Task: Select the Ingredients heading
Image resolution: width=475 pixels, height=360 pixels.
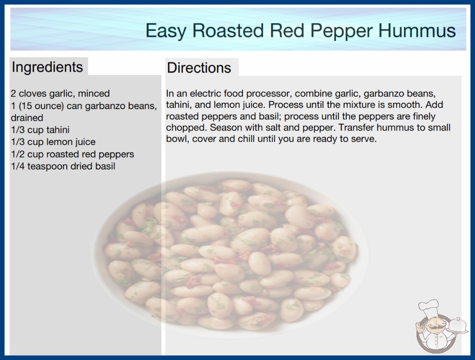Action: tap(47, 67)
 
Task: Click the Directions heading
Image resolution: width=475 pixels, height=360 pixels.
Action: tap(199, 68)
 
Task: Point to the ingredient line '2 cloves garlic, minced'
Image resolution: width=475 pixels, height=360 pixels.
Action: tap(60, 94)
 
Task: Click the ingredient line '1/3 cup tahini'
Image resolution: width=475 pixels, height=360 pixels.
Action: tap(40, 130)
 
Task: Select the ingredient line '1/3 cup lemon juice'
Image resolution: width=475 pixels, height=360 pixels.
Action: tap(53, 142)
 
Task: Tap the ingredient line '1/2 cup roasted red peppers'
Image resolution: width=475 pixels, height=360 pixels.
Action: tap(72, 155)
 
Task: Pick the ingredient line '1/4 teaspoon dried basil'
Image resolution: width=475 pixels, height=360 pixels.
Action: tap(63, 166)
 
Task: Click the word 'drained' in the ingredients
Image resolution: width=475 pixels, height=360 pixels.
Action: tap(27, 118)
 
